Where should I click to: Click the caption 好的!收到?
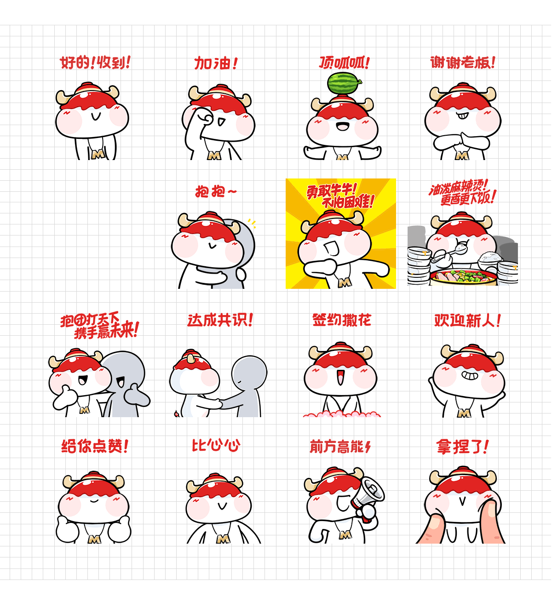tap(95, 63)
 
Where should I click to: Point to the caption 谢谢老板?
tap(463, 63)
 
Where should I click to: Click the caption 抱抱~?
tap(216, 191)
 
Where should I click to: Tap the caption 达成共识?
tap(220, 320)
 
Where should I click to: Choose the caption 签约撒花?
tap(342, 320)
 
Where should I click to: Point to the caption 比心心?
tap(216, 446)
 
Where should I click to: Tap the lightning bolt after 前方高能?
tap(368, 447)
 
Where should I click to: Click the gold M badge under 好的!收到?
tap(98, 155)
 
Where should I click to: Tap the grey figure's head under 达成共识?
tap(249, 373)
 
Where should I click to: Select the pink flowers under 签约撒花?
tap(342, 414)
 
